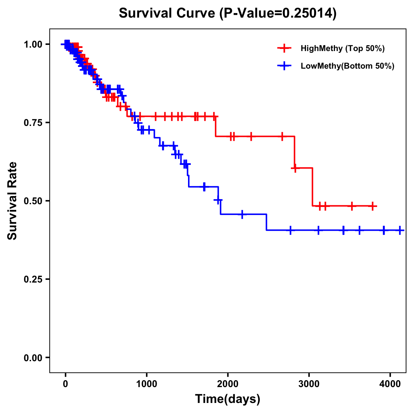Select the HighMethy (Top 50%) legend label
pos(343,48)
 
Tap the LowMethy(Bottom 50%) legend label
pos(347,66)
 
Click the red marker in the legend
pos(284,48)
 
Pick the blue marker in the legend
pos(284,66)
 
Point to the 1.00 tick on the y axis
pos(32,45)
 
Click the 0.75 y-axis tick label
pos(32,123)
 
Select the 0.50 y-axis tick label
pos(32,201)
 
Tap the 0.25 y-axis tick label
pos(32,279)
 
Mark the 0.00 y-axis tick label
pos(32,358)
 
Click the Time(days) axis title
pos(228,399)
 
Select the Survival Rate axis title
pos(12,201)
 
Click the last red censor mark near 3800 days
pos(372,206)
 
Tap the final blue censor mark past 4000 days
pos(400,230)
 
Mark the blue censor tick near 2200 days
pos(242,214)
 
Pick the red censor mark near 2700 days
pos(282,137)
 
